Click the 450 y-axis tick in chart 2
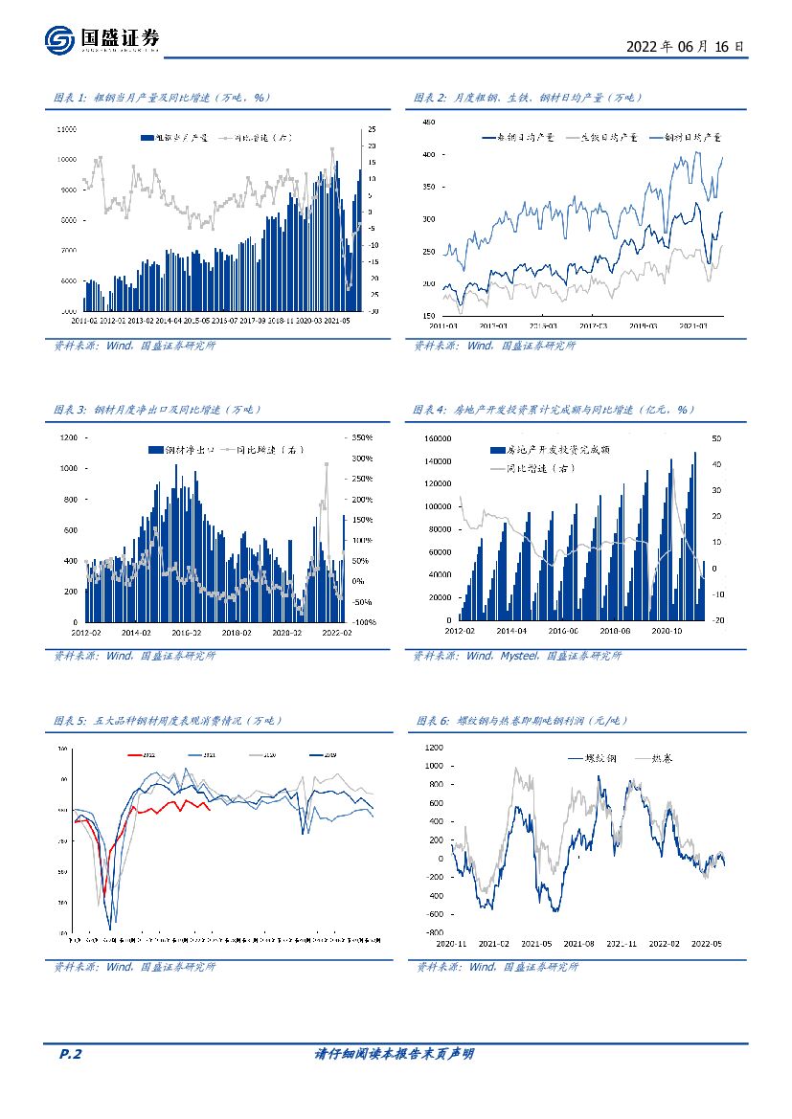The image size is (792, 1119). pos(428,122)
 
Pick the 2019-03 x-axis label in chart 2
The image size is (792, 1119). pos(641,325)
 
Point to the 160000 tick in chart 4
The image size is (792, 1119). pos(437,437)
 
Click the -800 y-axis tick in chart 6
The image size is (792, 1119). pos(435,931)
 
